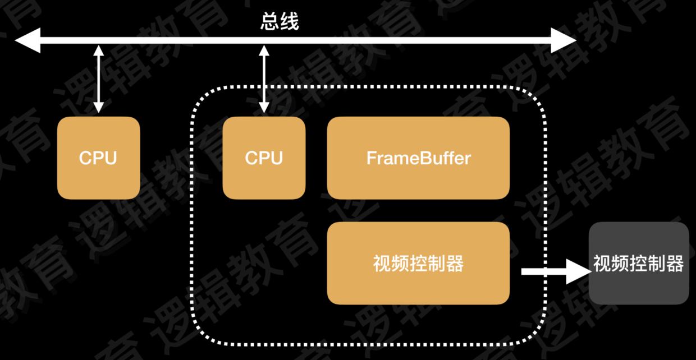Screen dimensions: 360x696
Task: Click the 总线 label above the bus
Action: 280,22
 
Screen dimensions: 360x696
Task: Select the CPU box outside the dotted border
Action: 98,158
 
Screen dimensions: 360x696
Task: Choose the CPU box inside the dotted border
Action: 264,158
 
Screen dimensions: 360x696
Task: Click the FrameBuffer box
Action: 418,158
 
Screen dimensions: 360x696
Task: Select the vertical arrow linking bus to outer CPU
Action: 98,79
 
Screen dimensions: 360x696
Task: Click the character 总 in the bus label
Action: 270,22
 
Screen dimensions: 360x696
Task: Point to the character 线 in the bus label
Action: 290,22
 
